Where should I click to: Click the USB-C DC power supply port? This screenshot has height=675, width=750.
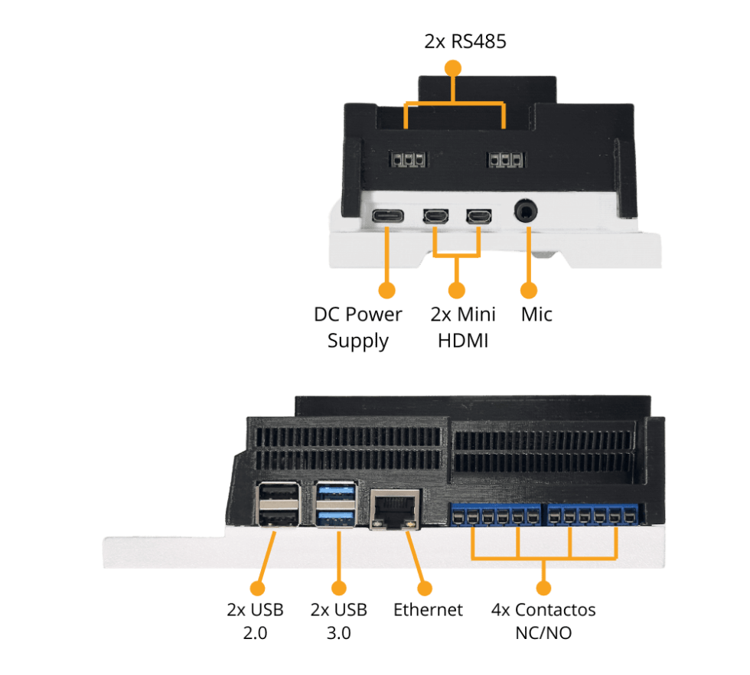tap(387, 217)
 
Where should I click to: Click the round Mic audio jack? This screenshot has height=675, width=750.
tap(527, 211)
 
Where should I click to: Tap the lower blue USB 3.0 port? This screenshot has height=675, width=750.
tap(336, 518)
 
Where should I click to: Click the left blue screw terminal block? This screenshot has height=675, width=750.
tap(494, 516)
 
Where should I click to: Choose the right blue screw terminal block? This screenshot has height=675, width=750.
tap(594, 516)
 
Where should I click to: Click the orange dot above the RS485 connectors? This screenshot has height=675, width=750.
tap(454, 67)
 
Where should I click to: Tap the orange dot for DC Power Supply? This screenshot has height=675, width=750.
tap(387, 291)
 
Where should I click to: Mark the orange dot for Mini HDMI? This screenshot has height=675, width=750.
tap(457, 291)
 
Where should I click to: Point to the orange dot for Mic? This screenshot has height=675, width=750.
tap(528, 291)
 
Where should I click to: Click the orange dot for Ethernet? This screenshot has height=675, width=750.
tap(423, 589)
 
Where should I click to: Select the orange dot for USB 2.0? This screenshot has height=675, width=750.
tap(258, 589)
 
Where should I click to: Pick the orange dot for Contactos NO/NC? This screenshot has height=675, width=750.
tap(543, 589)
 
